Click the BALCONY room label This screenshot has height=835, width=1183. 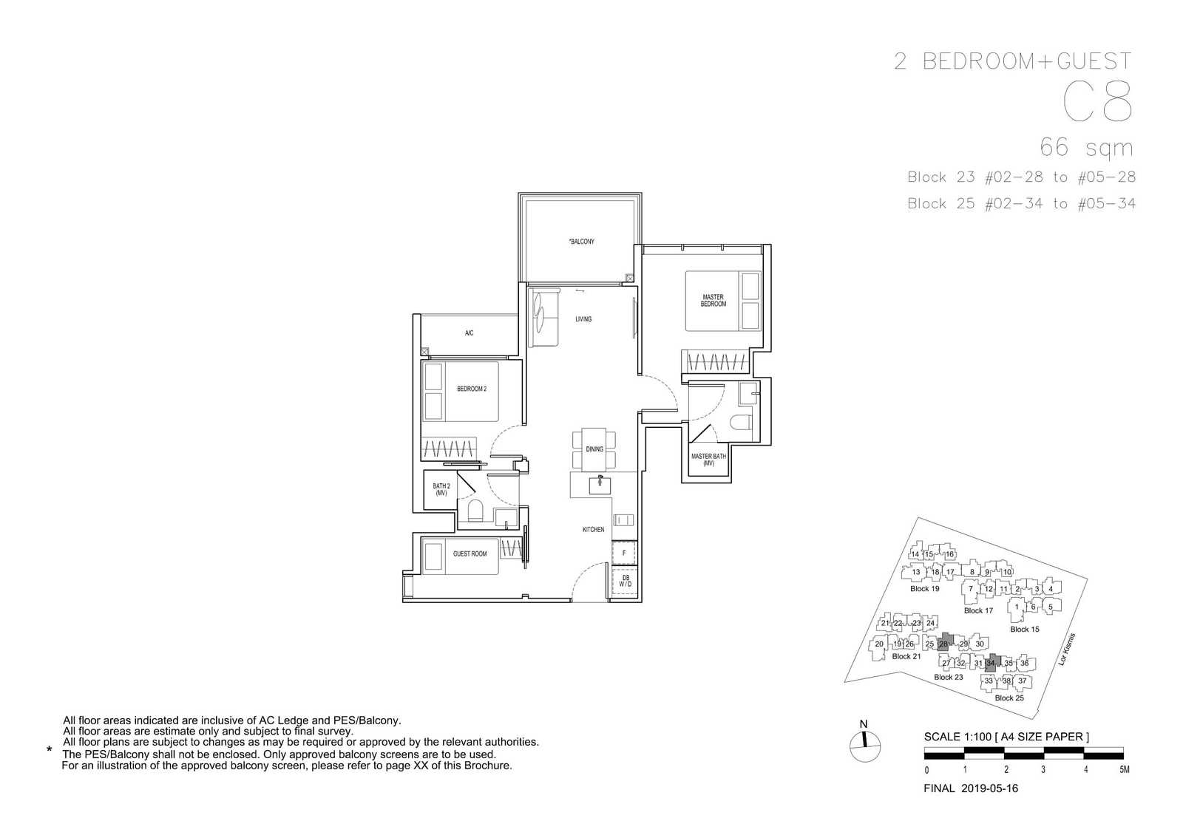click(x=581, y=242)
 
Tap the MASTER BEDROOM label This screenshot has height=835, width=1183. click(x=713, y=300)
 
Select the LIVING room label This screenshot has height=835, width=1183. click(x=583, y=318)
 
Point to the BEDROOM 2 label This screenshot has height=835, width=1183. click(x=472, y=389)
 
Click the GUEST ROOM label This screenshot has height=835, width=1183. click(x=470, y=553)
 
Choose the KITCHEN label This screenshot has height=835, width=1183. click(x=593, y=529)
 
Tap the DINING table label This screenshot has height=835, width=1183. click(x=594, y=449)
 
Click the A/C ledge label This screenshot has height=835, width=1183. click(x=469, y=333)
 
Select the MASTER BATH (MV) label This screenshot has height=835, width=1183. click(x=709, y=460)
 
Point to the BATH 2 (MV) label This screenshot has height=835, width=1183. click(x=441, y=490)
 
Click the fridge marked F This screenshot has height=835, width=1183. click(x=624, y=553)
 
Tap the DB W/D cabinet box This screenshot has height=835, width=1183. click(x=625, y=581)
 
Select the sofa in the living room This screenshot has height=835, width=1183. click(x=543, y=318)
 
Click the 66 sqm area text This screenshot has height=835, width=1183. click(x=1086, y=147)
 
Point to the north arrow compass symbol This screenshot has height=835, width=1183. click(x=865, y=746)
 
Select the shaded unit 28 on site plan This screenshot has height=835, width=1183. click(x=946, y=642)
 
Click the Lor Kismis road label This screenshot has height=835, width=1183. click(x=1067, y=650)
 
